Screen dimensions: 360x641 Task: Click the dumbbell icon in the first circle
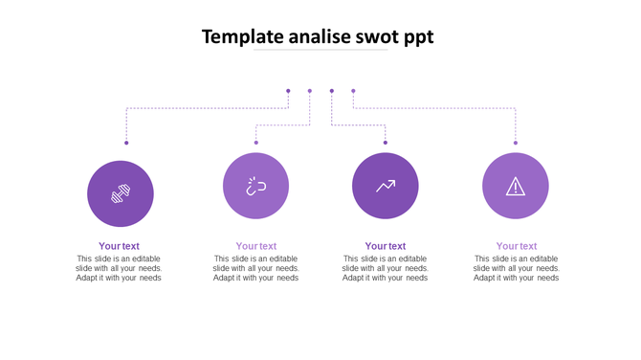[x=121, y=193]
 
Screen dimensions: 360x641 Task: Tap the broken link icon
[x=255, y=186]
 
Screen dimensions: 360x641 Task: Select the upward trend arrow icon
[x=386, y=186]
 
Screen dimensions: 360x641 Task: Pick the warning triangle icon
[x=516, y=186]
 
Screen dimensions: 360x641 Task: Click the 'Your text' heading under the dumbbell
[x=119, y=246]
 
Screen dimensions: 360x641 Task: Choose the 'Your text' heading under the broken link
[x=256, y=246]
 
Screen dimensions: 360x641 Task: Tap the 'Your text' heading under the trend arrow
[x=386, y=246]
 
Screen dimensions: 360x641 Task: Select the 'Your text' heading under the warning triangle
[x=517, y=246]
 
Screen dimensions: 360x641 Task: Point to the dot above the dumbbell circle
[x=126, y=143]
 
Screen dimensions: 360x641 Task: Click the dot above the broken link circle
[x=256, y=143]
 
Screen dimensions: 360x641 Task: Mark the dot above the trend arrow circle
[x=386, y=143]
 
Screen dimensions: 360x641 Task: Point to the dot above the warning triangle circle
[x=516, y=143]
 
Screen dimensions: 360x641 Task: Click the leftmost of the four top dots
[x=288, y=91]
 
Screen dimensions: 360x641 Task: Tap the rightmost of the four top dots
[x=353, y=91]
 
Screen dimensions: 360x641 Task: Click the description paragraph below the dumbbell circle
[x=119, y=268]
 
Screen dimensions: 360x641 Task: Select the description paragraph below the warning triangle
[x=517, y=268]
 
